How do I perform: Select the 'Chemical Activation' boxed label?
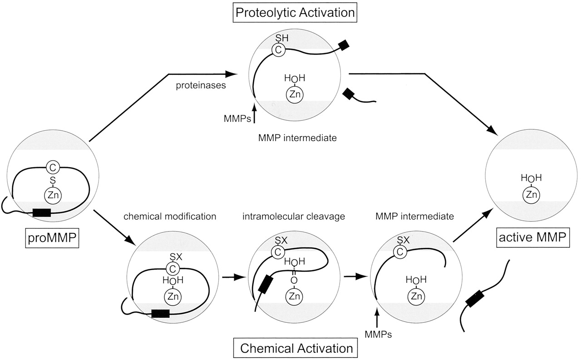(296, 348)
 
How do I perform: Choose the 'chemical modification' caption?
(170, 216)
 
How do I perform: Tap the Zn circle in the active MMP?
(532, 195)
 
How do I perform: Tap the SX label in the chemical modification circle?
(176, 257)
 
